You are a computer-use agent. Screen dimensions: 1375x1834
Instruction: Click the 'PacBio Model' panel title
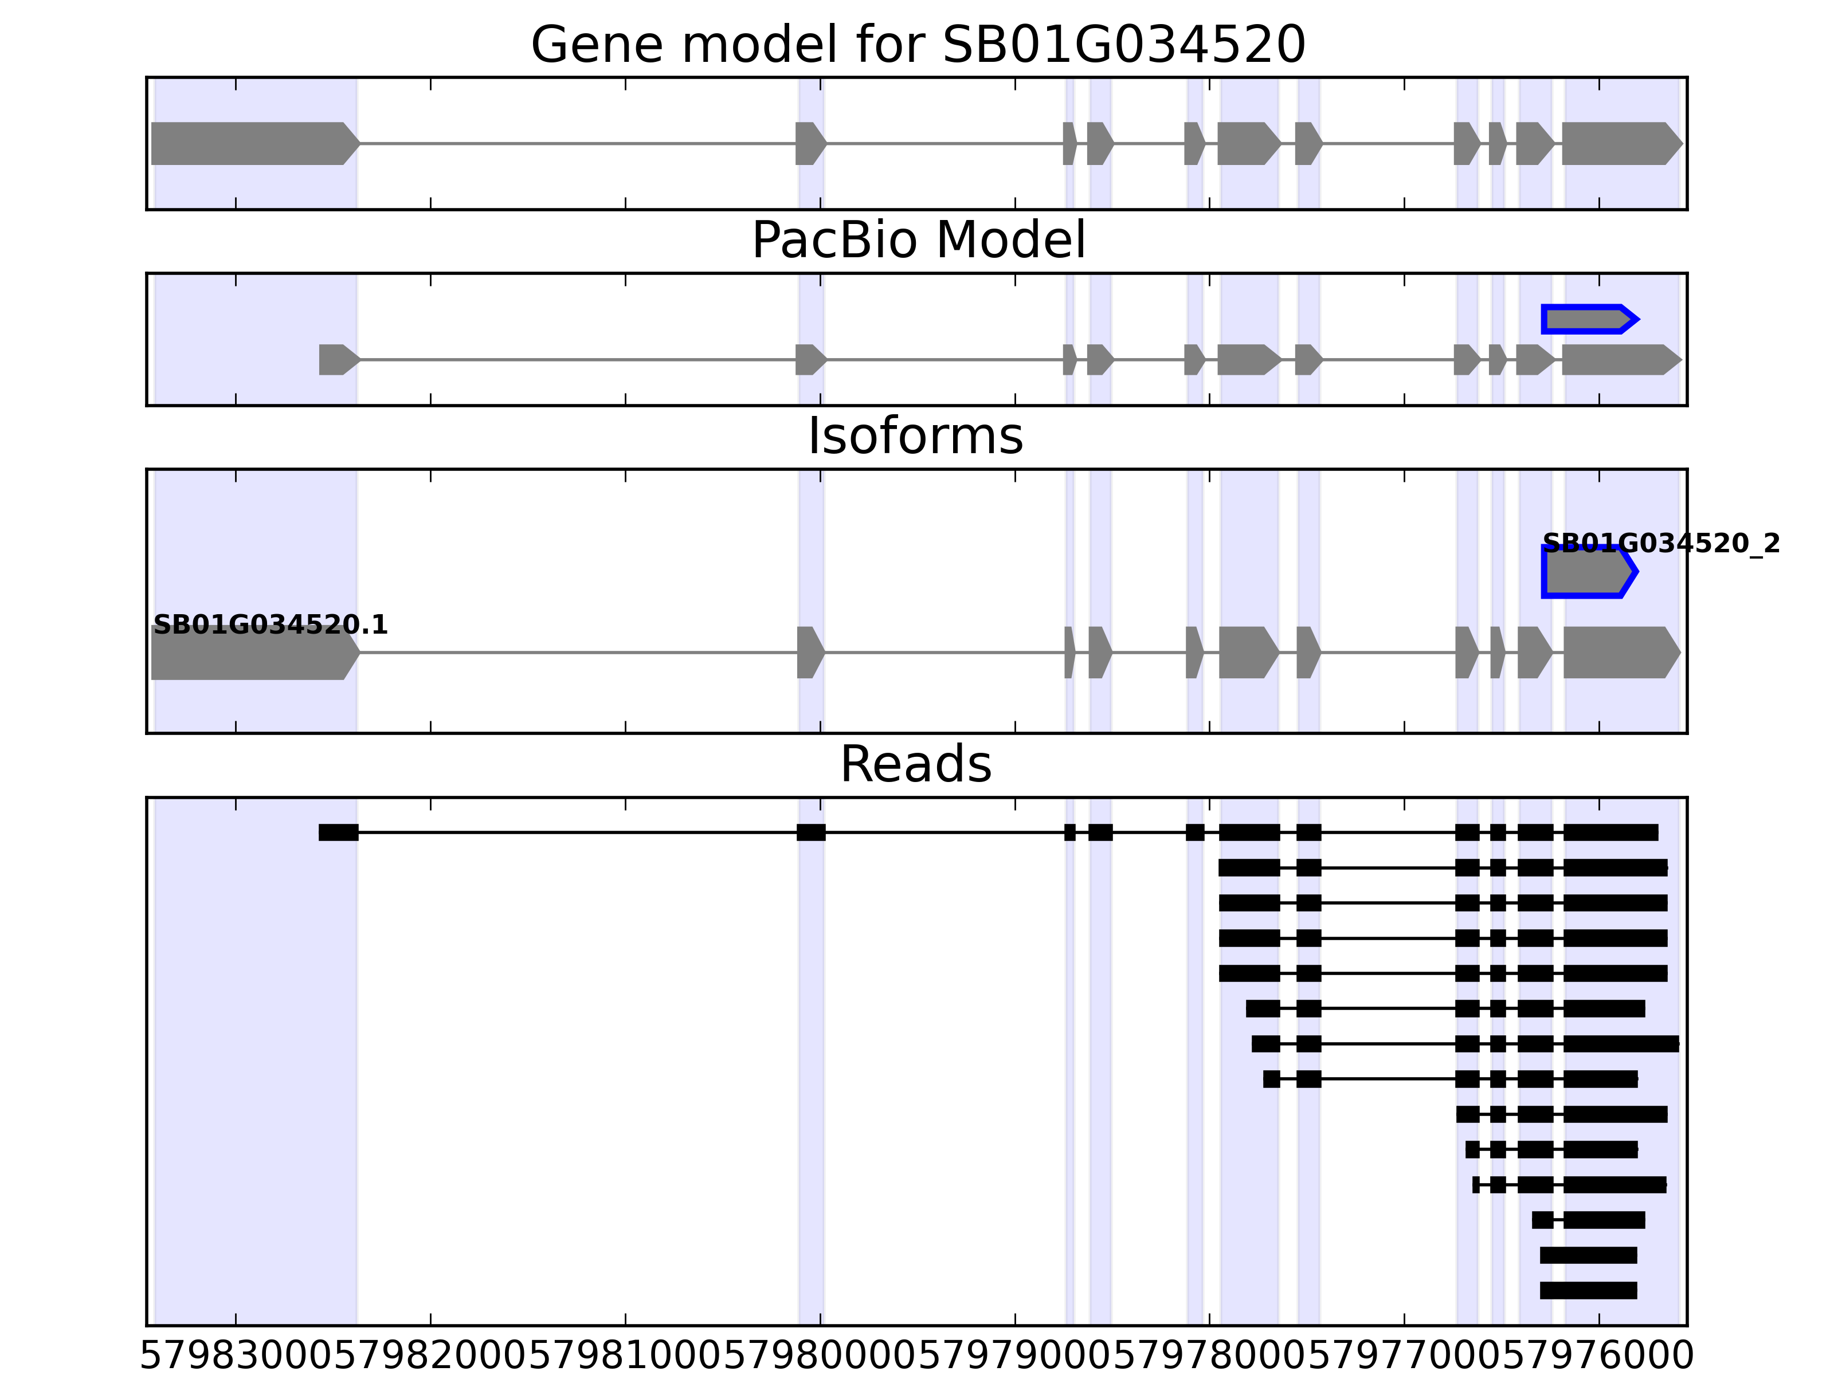click(x=918, y=241)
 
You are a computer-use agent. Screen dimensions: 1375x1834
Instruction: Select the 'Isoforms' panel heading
click(x=915, y=436)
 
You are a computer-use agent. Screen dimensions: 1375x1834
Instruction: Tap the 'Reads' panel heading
click(x=915, y=764)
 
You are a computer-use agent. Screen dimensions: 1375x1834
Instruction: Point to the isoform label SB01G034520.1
click(x=271, y=625)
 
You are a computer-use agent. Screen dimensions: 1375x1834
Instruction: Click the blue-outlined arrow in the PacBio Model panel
click(x=1588, y=319)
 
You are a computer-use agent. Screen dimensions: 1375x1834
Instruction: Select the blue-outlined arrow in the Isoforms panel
click(x=1588, y=572)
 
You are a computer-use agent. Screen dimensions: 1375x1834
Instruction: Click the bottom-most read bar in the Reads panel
click(x=1588, y=1290)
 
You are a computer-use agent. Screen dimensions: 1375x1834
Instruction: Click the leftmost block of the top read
click(x=338, y=832)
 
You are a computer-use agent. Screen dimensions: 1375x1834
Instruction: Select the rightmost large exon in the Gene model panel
click(x=1620, y=143)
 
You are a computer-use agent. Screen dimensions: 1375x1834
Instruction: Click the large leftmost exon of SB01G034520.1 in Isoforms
click(x=253, y=653)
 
